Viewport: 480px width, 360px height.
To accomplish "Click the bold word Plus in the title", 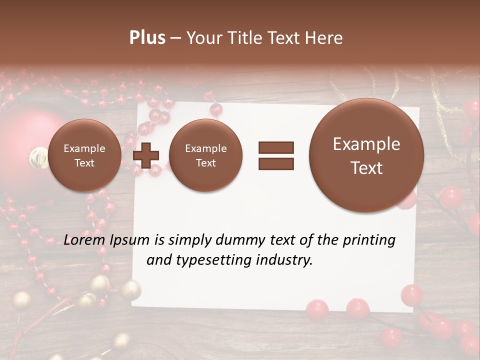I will pos(147,38).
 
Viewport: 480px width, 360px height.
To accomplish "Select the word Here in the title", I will pos(324,38).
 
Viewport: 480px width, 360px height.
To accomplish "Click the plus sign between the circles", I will pos(146,155).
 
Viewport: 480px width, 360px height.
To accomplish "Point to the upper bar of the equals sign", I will pos(276,147).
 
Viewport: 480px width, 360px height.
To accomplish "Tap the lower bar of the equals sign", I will pos(276,163).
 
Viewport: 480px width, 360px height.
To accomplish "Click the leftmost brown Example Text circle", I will pos(84,155).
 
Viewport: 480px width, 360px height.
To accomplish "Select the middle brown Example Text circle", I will pos(206,155).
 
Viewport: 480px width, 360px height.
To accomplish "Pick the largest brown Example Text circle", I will pos(366,155).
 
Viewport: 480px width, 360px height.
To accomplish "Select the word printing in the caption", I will pos(369,240).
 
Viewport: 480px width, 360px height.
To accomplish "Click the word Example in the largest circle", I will pos(366,144).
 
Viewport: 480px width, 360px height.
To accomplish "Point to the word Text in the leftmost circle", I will pos(84,163).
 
